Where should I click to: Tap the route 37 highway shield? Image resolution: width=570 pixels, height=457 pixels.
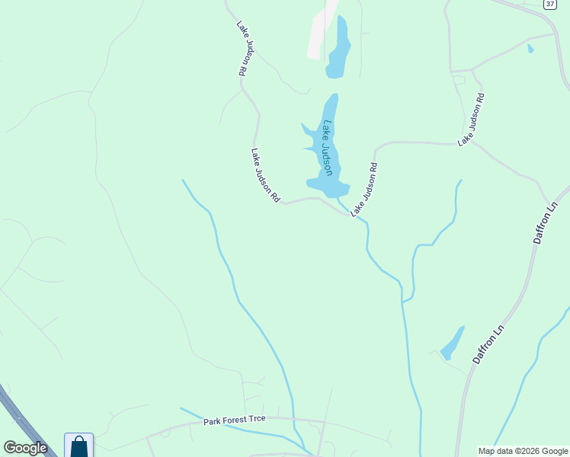(549, 4)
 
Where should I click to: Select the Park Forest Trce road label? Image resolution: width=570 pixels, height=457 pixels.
(238, 420)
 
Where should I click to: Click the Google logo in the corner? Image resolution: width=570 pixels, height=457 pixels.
(25, 448)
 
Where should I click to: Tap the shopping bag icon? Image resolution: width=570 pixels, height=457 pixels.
(78, 446)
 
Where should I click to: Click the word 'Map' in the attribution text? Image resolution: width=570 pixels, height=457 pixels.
(487, 451)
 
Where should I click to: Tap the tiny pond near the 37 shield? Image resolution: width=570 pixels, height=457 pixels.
(530, 49)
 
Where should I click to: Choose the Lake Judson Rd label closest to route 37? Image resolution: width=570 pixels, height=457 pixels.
(471, 120)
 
